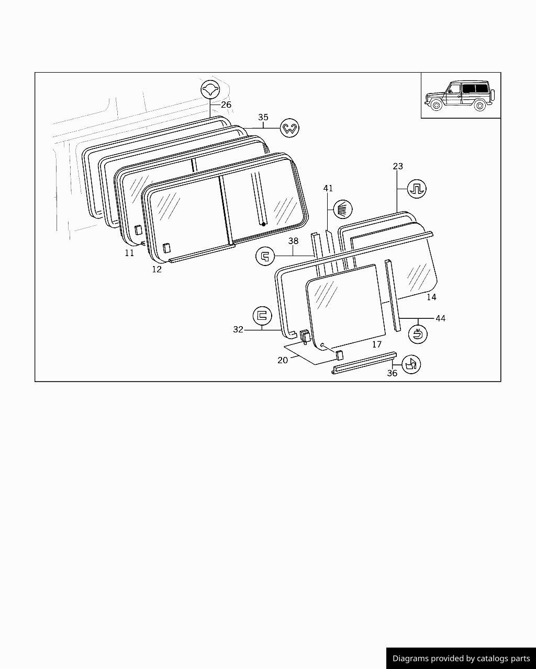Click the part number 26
click(226, 105)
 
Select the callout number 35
click(263, 117)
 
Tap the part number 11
click(129, 253)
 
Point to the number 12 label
click(157, 269)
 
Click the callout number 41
click(328, 188)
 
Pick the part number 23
click(398, 166)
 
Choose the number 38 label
click(293, 241)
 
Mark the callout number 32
click(238, 329)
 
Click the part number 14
click(431, 297)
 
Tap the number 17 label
click(377, 344)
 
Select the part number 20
click(283, 360)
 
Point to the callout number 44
click(441, 318)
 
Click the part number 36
click(392, 373)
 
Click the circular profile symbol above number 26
click(210, 89)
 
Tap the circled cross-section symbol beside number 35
click(289, 128)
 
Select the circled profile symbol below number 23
click(417, 188)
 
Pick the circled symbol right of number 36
click(411, 364)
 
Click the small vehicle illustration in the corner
click(460, 96)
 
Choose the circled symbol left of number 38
click(265, 256)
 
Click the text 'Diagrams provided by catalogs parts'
click(461, 659)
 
